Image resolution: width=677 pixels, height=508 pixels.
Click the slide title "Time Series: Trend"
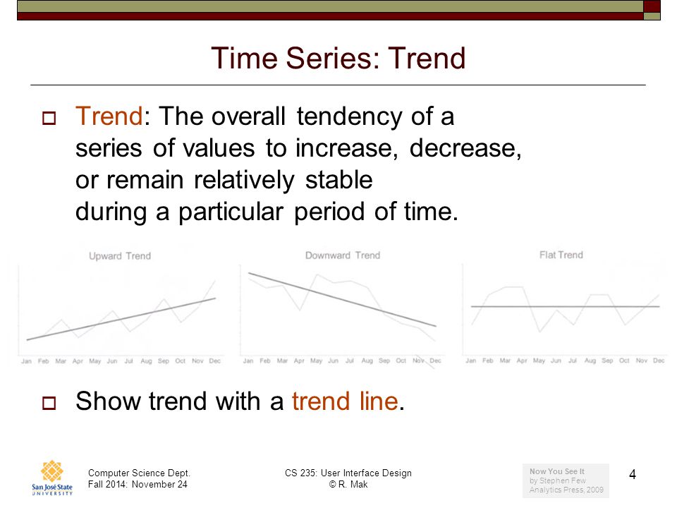coord(338,59)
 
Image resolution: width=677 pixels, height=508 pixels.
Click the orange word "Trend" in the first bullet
coord(109,116)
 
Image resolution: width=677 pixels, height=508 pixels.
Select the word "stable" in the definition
coord(339,180)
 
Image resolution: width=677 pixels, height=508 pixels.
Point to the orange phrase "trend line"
coord(345,401)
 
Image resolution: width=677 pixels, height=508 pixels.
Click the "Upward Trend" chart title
coord(120,256)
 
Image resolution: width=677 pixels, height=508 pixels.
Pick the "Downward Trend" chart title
coord(343,255)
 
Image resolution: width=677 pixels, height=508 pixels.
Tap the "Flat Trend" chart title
coord(561,255)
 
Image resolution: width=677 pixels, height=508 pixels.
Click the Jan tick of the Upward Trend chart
coord(26,361)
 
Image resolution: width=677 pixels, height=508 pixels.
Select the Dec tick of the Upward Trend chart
coord(214,361)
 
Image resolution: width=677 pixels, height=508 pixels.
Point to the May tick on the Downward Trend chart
coord(316,361)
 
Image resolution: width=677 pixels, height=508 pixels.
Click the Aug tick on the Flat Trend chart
coord(590,361)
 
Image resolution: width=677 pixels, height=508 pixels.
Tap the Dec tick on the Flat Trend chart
coord(659,361)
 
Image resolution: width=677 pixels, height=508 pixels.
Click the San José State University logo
coord(51,478)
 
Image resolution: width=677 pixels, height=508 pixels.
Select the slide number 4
coord(633,475)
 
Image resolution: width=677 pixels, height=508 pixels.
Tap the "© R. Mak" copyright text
coord(348,484)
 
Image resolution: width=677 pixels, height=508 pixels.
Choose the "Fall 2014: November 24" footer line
coord(138,484)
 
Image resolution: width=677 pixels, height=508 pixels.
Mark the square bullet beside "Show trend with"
coord(49,403)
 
